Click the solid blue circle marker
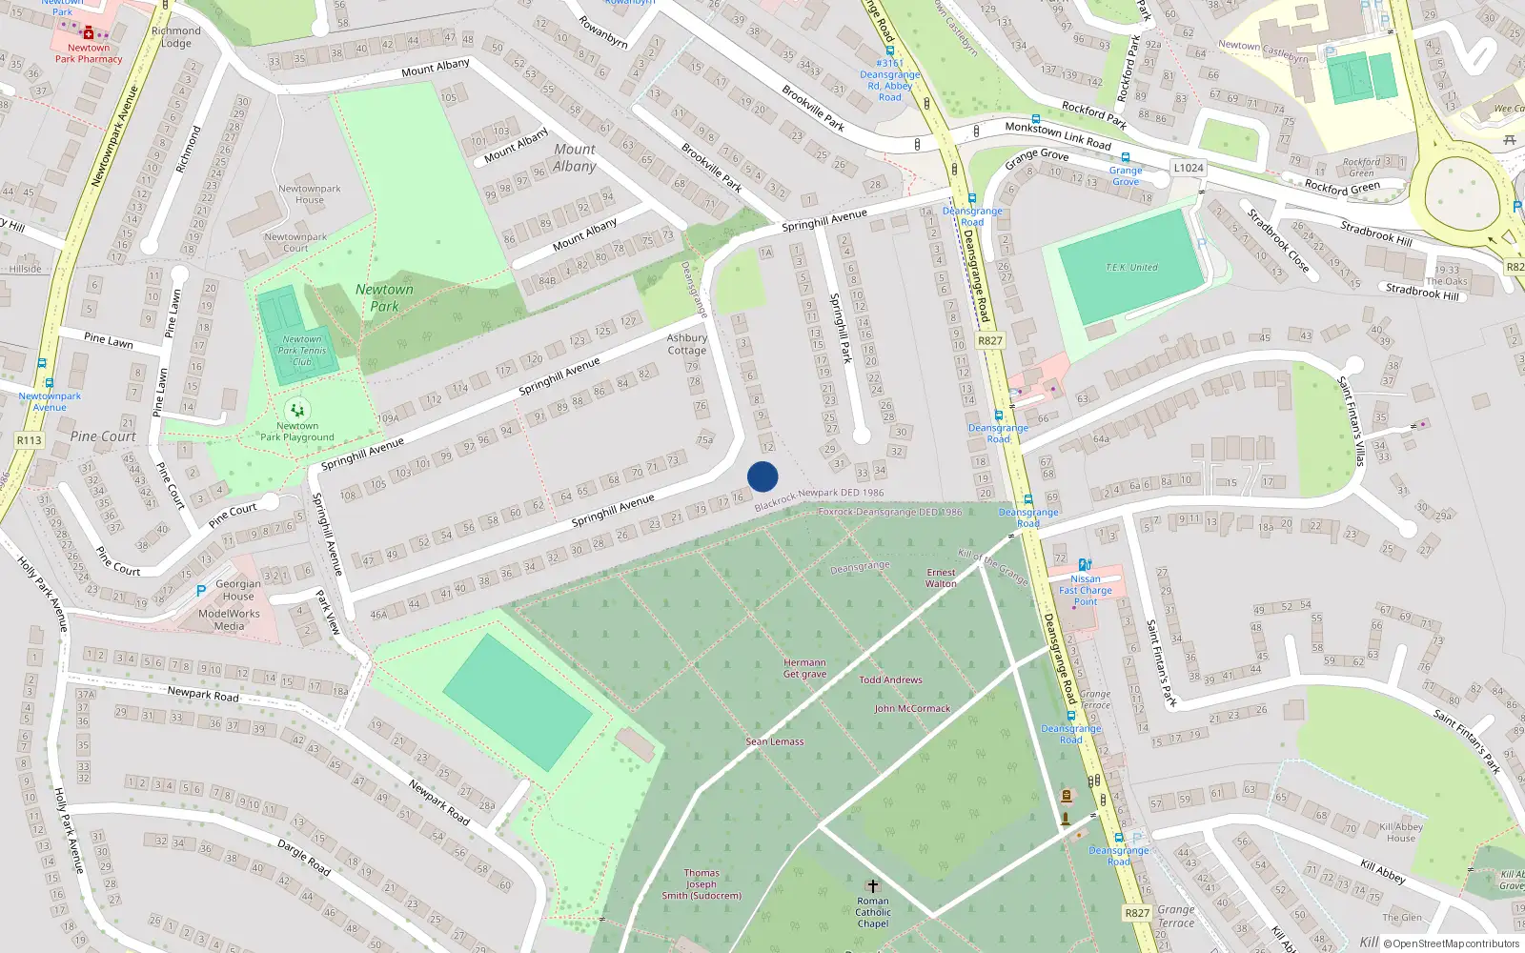(x=762, y=476)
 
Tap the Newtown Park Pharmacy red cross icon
(x=89, y=32)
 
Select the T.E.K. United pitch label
(x=1131, y=268)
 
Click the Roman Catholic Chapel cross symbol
(x=872, y=886)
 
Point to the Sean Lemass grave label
(x=775, y=741)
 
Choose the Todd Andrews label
(x=890, y=679)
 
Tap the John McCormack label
(x=912, y=709)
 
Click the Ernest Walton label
(x=941, y=578)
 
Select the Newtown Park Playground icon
(x=297, y=410)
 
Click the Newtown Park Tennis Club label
(x=302, y=351)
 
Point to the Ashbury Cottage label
(x=687, y=344)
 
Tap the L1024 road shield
(x=1189, y=168)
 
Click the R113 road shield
(x=30, y=440)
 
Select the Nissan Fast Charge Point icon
(x=1085, y=565)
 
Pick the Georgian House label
(x=238, y=590)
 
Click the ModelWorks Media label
(x=229, y=619)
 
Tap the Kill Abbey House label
(x=1400, y=832)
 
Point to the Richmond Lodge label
(x=176, y=36)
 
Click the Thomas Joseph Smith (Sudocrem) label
(x=701, y=884)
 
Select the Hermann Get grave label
(x=804, y=668)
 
